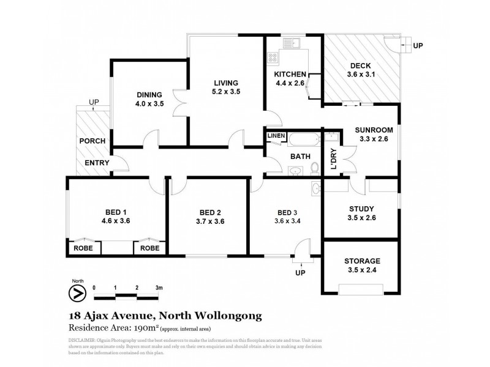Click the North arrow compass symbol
click(77, 293)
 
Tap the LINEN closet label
click(274, 136)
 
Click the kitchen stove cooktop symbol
click(273, 58)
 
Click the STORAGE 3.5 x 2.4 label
click(361, 264)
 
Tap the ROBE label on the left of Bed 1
click(83, 248)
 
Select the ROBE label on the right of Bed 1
click(149, 248)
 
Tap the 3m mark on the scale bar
click(159, 287)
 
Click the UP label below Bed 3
click(300, 273)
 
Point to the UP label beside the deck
click(418, 46)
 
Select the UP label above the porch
click(94, 102)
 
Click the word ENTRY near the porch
click(97, 163)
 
